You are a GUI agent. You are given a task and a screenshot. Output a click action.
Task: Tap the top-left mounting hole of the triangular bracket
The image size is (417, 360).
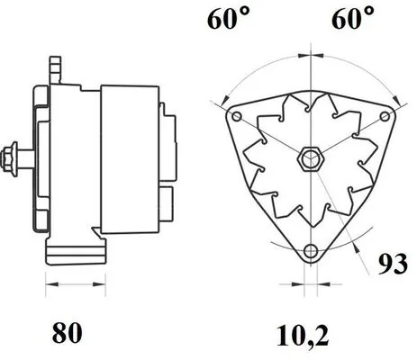click(x=235, y=118)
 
